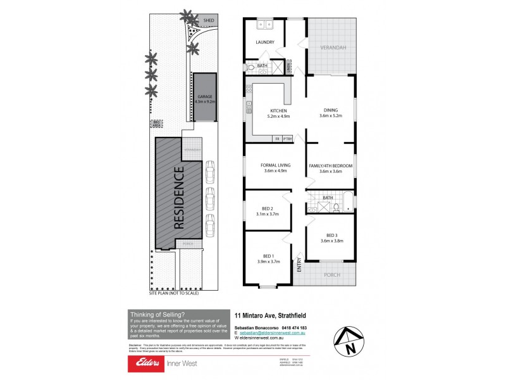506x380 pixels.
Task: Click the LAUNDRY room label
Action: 265,42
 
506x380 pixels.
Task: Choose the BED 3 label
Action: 330,236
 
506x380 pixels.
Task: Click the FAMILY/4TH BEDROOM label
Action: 330,165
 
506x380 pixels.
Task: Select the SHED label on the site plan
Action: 209,20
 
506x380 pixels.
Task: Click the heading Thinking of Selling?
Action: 157,313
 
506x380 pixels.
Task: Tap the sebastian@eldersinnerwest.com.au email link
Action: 273,332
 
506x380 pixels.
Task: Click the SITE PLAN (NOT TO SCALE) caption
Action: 174,293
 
